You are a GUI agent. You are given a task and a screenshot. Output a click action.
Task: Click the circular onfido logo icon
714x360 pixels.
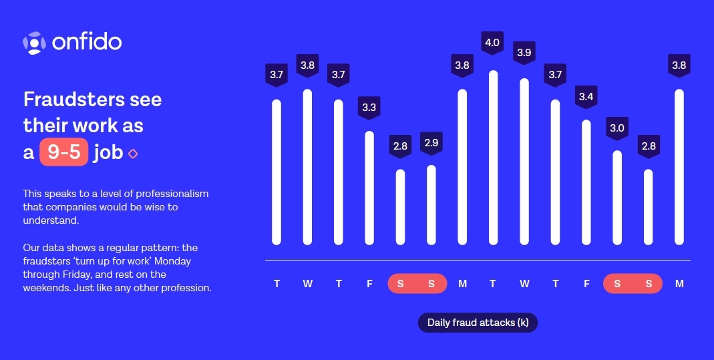click(34, 43)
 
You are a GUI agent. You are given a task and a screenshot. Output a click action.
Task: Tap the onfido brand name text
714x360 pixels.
click(87, 42)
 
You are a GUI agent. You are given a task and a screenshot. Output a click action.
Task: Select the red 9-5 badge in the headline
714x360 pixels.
click(63, 152)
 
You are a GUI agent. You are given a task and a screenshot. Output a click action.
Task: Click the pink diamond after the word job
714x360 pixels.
click(133, 154)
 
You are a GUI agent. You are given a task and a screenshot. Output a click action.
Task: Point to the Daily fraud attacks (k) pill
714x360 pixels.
click(478, 323)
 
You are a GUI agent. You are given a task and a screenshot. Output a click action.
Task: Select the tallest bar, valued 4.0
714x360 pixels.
click(493, 158)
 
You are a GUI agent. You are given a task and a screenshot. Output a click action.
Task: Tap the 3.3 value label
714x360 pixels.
click(369, 108)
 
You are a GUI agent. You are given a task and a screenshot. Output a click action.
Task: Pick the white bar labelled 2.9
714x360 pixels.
click(431, 205)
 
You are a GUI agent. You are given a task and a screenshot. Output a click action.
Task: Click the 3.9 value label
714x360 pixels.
click(524, 53)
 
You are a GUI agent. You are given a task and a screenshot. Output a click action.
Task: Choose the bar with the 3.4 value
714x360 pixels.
click(586, 182)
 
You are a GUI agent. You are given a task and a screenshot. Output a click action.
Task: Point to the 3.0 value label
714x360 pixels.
click(617, 128)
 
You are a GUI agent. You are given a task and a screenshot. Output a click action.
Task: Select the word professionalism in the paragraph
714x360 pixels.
click(172, 194)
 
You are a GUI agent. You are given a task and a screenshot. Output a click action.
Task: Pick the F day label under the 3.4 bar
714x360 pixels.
click(586, 284)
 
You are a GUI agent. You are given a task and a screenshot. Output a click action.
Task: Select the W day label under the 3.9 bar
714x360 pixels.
click(524, 284)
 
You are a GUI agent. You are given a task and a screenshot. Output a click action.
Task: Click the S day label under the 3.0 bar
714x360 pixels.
click(617, 284)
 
